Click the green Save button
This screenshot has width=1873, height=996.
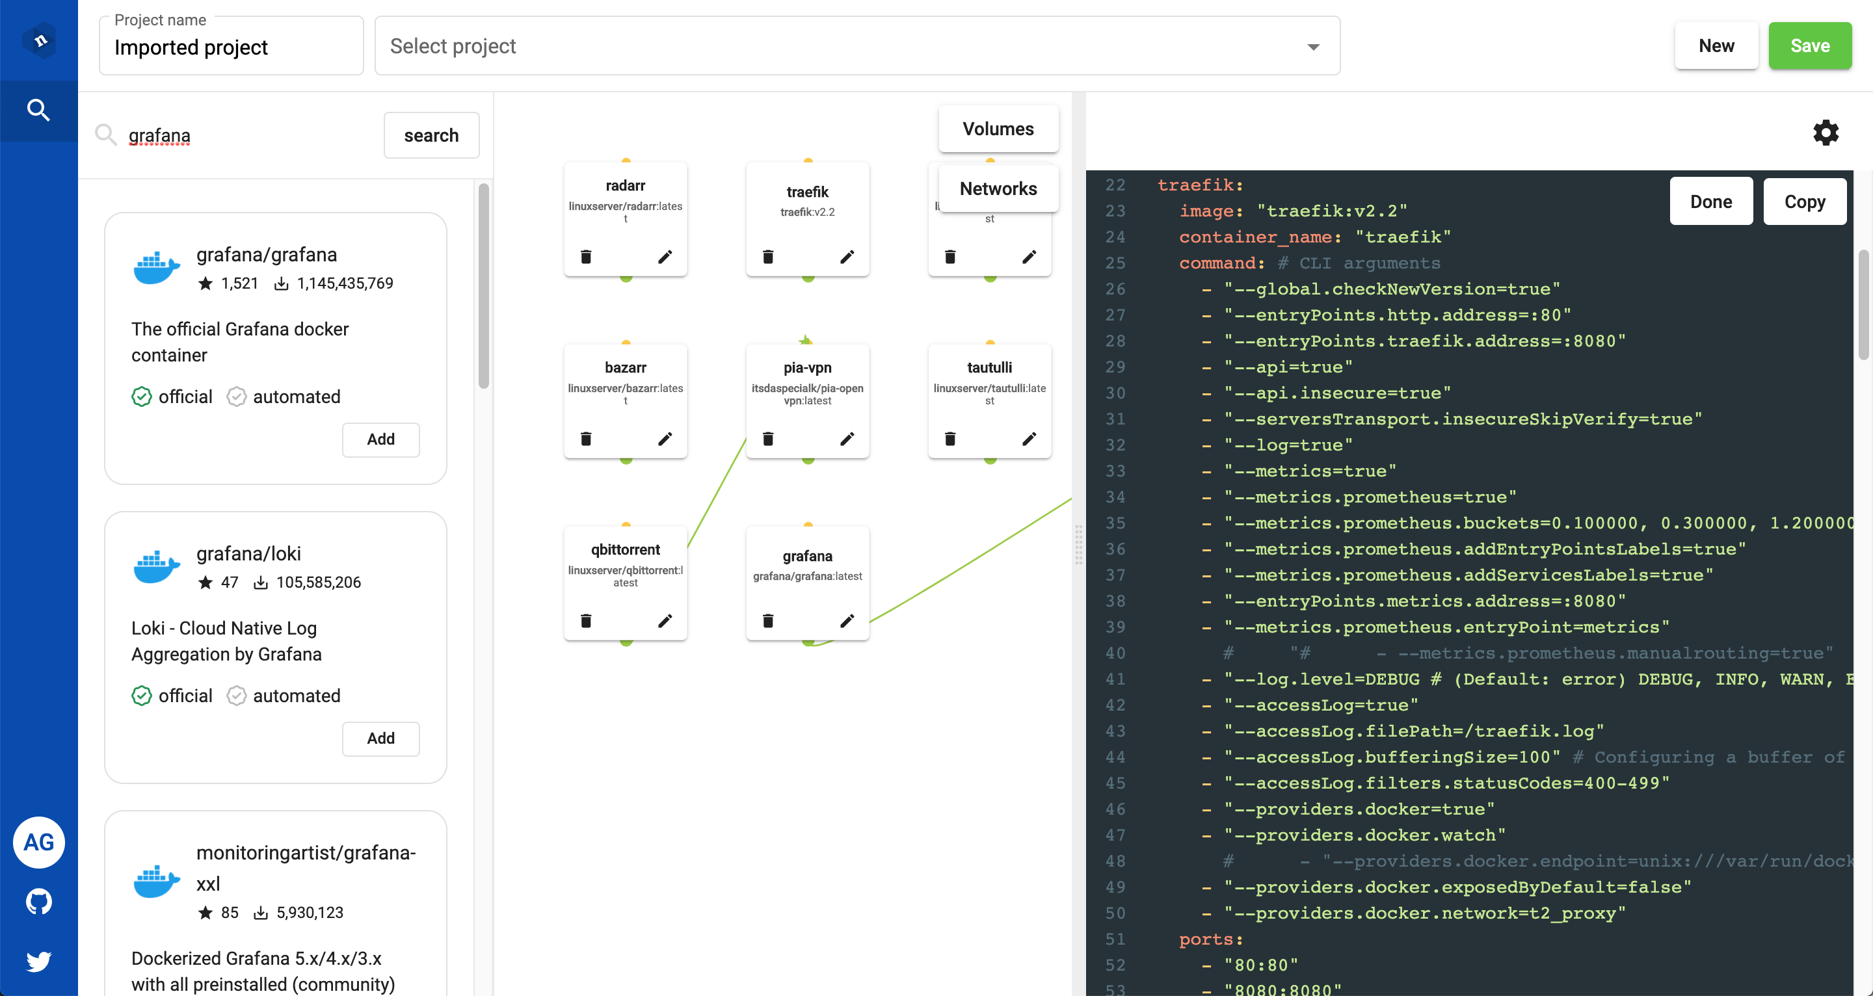[x=1809, y=46]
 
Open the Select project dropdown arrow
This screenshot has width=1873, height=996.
[x=1313, y=47]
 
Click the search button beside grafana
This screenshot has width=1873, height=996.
[x=431, y=135]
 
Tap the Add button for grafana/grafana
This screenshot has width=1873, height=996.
[x=381, y=439]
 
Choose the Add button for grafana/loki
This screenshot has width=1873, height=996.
[x=381, y=738]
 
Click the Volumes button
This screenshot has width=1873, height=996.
[x=998, y=129]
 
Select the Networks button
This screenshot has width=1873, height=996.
[x=998, y=189]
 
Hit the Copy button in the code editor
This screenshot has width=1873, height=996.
[x=1804, y=202]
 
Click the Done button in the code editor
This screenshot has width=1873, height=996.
[x=1710, y=202]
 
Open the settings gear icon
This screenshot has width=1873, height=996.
[x=1825, y=133]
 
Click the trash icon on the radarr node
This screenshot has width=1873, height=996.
[x=586, y=257]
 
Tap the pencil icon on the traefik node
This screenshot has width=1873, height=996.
[x=847, y=257]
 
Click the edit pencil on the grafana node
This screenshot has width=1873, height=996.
[x=847, y=621]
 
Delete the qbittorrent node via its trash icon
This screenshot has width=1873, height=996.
[x=586, y=621]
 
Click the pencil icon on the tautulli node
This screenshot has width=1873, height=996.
[x=1029, y=438]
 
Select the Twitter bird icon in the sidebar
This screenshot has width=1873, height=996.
[x=38, y=961]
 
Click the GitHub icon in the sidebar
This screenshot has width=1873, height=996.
[x=38, y=902]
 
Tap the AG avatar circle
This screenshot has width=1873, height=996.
[x=38, y=842]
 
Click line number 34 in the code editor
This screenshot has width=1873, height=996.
[x=1115, y=497]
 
